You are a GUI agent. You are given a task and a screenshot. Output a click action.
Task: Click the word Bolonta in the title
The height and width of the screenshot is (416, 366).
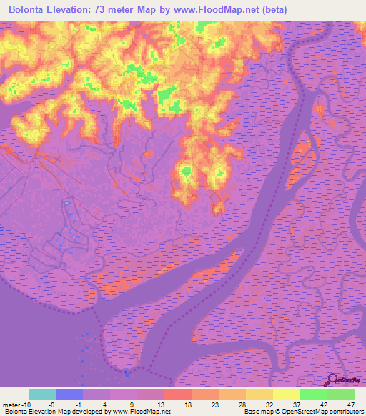click(x=31, y=9)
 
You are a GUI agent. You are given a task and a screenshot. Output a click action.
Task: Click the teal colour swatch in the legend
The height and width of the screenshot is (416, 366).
click(x=42, y=394)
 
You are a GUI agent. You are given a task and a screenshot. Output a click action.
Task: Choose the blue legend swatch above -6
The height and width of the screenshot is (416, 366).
click(x=69, y=394)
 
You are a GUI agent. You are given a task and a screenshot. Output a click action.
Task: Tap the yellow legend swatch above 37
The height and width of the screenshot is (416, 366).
click(x=287, y=394)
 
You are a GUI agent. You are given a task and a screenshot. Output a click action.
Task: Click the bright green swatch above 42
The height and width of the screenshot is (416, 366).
click(x=314, y=394)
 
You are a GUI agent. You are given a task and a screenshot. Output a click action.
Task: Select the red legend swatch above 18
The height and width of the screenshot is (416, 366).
click(x=178, y=394)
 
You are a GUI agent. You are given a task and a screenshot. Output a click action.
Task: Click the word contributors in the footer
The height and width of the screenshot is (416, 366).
click(x=346, y=411)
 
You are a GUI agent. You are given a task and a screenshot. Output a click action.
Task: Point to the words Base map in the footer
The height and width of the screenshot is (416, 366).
click(x=257, y=411)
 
